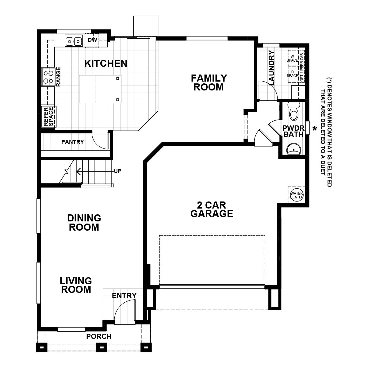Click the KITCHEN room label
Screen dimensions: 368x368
coord(106,63)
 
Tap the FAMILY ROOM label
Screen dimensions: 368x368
coord(209,82)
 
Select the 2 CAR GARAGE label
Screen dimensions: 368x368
coord(212,209)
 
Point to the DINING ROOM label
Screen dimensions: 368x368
coord(84,223)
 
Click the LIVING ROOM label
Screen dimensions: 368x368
coord(76,285)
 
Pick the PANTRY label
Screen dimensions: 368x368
coord(72,142)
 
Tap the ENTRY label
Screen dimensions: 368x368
coord(124,296)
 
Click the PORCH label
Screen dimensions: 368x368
coord(99,336)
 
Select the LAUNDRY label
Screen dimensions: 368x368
coord(271,68)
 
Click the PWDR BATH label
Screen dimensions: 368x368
coord(293,131)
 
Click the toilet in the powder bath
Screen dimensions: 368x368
coord(293,112)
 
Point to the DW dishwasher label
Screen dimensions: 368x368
coord(92,40)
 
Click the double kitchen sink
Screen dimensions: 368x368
coord(74,41)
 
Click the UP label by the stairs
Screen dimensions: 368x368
coord(117,171)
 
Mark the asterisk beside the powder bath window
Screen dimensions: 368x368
coord(314,129)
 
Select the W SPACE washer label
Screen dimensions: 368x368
coord(292,58)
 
